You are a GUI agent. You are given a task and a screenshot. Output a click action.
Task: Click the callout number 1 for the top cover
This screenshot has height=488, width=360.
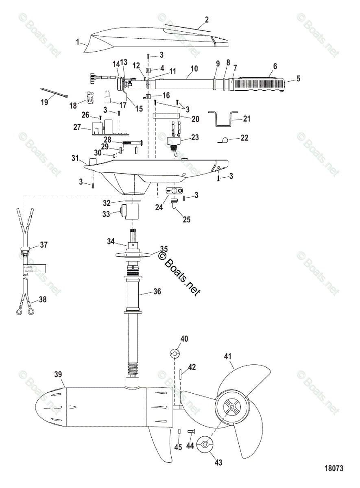pos(78,42)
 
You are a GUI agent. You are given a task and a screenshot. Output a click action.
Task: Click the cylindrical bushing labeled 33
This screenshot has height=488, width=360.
pos(130,211)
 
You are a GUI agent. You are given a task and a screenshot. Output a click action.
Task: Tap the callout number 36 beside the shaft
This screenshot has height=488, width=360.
pos(157,291)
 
